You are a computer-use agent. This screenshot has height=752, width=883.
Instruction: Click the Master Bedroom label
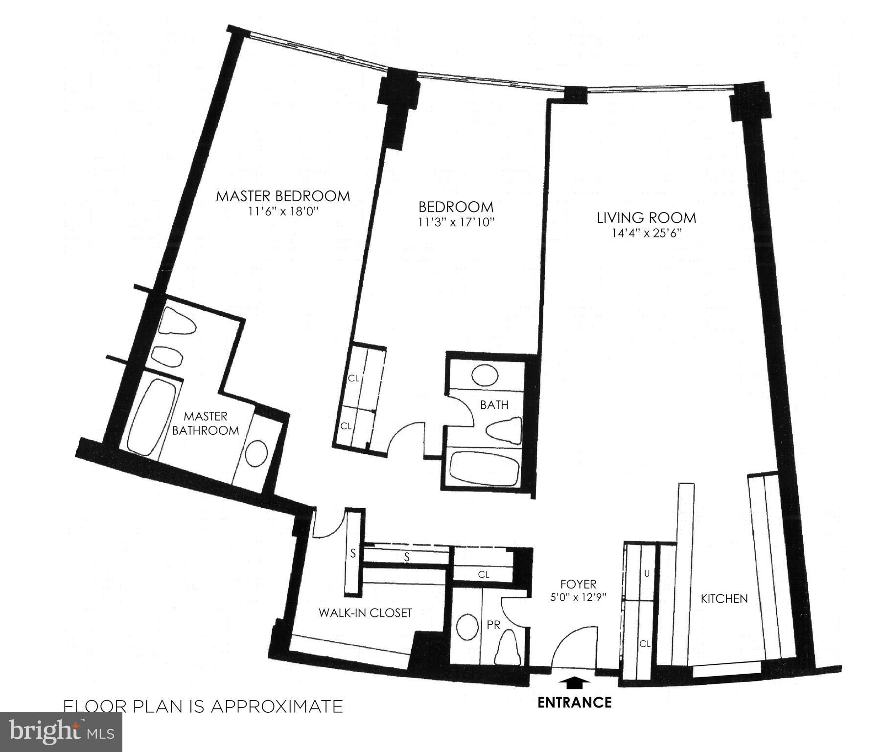pyautogui.click(x=283, y=196)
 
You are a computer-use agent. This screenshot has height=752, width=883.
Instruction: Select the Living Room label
pyautogui.click(x=646, y=217)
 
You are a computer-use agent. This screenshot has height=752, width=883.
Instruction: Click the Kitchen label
pyautogui.click(x=724, y=598)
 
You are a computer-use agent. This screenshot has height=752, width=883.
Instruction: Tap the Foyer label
pyautogui.click(x=579, y=584)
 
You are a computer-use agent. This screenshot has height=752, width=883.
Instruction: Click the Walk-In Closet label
pyautogui.click(x=366, y=612)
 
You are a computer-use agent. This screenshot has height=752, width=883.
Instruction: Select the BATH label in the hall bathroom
pyautogui.click(x=494, y=405)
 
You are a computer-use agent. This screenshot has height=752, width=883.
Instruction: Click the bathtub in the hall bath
pyautogui.click(x=484, y=466)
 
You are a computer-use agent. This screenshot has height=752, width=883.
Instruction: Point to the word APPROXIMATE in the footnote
pyautogui.click(x=277, y=706)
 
